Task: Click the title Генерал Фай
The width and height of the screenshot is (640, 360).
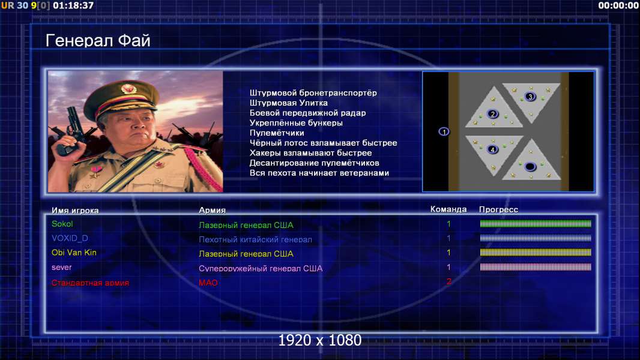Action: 98,41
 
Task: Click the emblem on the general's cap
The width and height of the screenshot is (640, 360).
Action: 128,89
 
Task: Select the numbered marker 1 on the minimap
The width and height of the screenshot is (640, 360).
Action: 444,131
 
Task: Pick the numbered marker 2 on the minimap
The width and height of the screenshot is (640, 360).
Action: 493,114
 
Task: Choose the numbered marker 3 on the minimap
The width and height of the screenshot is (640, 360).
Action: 530,97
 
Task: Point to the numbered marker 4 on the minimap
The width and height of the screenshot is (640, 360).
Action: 493,149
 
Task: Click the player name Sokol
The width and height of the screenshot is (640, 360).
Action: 62,224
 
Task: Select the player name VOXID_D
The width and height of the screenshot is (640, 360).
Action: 70,238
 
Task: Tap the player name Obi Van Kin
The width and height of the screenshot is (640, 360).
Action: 74,253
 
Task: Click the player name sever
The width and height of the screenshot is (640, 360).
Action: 62,268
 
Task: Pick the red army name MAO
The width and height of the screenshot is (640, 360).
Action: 208,283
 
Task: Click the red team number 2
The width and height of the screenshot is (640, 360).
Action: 449,281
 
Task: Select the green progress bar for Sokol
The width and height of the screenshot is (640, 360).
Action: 536,223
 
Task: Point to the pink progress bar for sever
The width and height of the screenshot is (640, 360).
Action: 536,267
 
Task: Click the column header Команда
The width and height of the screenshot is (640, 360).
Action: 448,209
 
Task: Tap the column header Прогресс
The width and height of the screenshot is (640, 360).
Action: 498,209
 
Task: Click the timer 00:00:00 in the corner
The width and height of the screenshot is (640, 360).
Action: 618,5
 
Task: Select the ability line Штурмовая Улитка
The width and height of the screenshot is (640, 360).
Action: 289,103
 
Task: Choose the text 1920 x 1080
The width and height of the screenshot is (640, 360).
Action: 320,340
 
